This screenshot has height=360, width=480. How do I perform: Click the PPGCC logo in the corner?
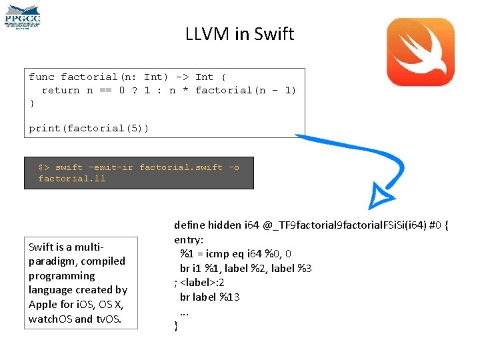23,17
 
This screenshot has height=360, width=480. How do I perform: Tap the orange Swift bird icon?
421,52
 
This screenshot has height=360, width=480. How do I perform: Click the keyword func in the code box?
42,77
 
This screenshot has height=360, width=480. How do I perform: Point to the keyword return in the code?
60,90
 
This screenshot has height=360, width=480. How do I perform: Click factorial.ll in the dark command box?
72,179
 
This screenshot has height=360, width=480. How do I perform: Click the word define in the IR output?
189,225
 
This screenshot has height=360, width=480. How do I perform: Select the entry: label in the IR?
189,239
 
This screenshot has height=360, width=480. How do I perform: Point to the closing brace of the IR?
176,326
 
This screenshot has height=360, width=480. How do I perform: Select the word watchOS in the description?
51,319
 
